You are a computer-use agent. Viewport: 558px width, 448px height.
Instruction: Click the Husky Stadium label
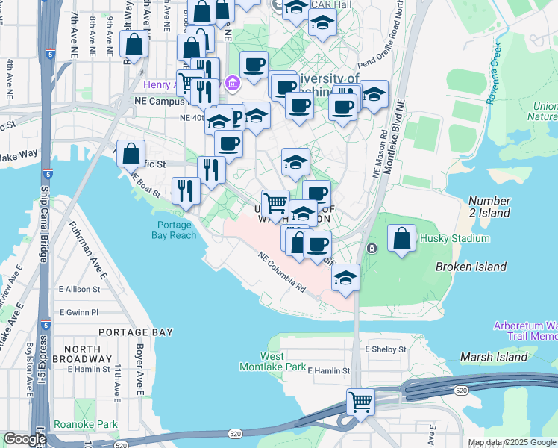[455, 238]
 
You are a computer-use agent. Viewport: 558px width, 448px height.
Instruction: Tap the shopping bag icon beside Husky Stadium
[401, 239]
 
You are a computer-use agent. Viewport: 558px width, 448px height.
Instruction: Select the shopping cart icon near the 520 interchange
[361, 402]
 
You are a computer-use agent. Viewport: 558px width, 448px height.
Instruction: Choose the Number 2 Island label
[489, 207]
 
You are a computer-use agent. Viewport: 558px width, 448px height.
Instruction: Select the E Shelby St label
[385, 349]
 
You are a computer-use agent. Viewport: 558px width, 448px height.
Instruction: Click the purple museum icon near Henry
[233, 84]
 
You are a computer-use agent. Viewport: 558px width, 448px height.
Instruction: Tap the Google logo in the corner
[25, 439]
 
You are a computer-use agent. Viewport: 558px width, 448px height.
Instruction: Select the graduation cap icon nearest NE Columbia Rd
[345, 278]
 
